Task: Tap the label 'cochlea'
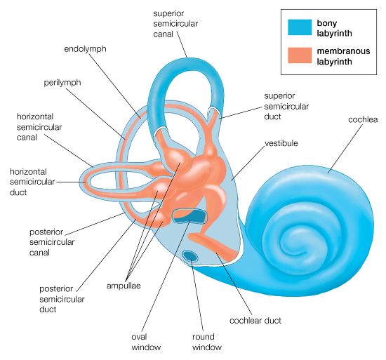[x=363, y=119]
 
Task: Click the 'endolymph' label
[x=84, y=50]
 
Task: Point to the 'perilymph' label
[x=62, y=82]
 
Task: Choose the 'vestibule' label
[x=281, y=143]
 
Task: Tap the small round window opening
[x=189, y=255]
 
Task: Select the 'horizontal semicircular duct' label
[x=29, y=180]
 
